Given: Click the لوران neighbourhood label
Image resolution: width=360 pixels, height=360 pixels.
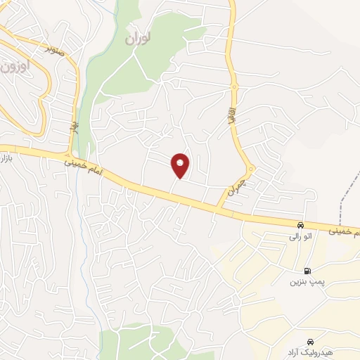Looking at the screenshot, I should coord(138,39).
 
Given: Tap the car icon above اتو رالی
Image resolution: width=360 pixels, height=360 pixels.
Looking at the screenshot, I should coord(301,226).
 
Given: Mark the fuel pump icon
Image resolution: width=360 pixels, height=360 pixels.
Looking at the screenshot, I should coord(307,271).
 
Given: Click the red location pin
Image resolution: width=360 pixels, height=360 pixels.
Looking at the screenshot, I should coord(181,165).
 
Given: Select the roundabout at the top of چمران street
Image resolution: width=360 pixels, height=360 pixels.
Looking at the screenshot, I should coord(250,169).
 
